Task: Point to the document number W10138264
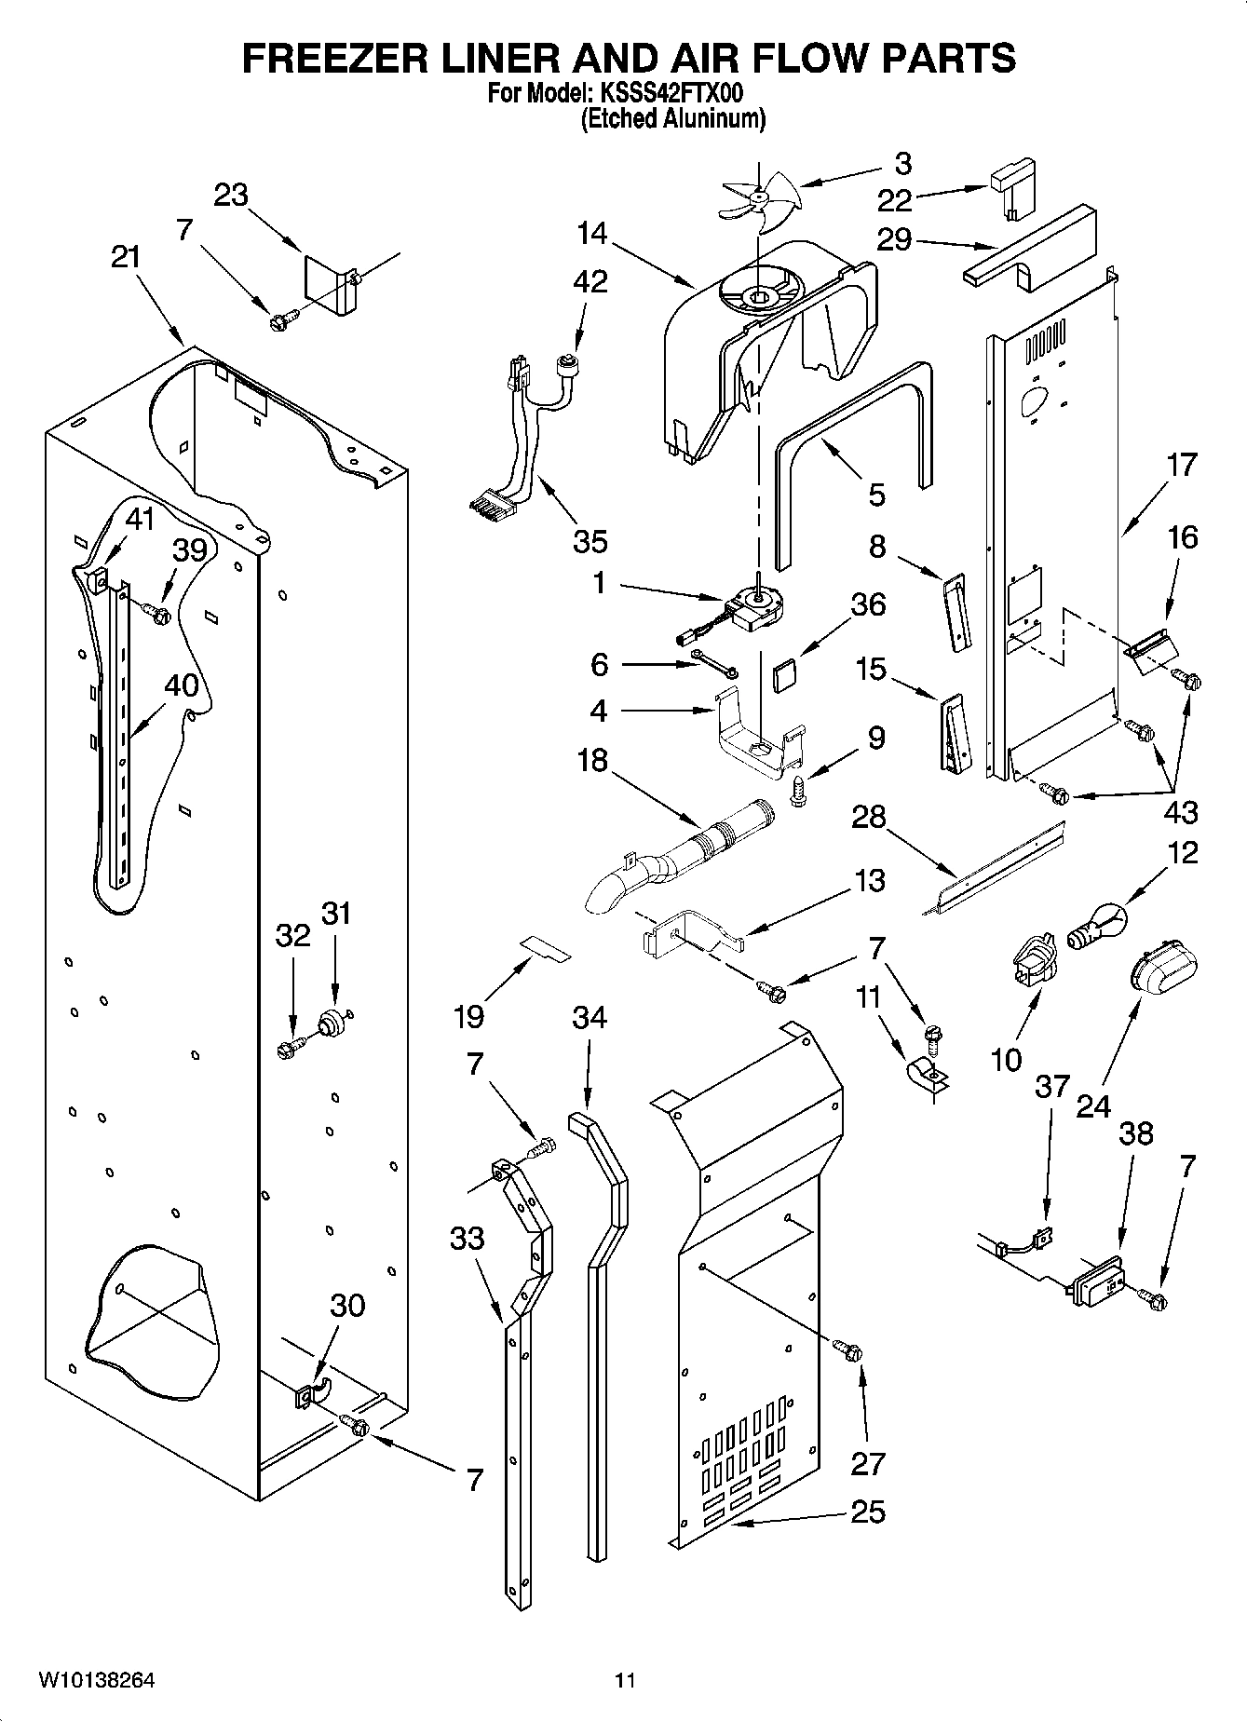coord(96,1679)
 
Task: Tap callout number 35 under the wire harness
coord(590,540)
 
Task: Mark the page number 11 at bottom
coord(624,1680)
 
